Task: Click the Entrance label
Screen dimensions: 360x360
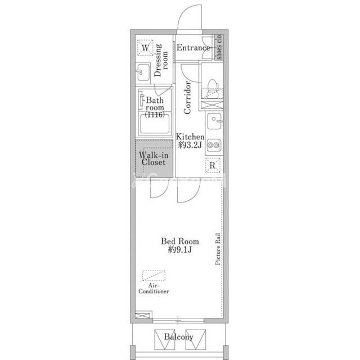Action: [193, 47]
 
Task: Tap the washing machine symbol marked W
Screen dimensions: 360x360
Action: [145, 48]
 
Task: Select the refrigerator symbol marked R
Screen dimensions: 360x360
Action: [213, 165]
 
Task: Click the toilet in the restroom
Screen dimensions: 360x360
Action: [212, 89]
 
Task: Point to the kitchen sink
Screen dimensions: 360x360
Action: [214, 121]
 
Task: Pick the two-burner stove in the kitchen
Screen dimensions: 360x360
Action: [214, 145]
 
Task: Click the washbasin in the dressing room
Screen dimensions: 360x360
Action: [143, 72]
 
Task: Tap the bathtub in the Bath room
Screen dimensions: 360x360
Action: [155, 124]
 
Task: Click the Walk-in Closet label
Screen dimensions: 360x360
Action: [154, 159]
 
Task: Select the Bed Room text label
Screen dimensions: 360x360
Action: [180, 241]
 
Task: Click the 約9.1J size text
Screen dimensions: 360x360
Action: [180, 250]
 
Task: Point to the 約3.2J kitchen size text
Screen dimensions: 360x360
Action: [190, 145]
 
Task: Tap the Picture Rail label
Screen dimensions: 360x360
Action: [218, 249]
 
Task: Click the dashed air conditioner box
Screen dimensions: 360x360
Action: [154, 276]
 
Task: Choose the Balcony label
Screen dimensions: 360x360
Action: [179, 337]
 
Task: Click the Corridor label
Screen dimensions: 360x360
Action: [187, 97]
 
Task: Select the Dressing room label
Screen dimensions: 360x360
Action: [160, 60]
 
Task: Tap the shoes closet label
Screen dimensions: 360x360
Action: [219, 47]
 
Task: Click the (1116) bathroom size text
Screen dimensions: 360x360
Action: [155, 115]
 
